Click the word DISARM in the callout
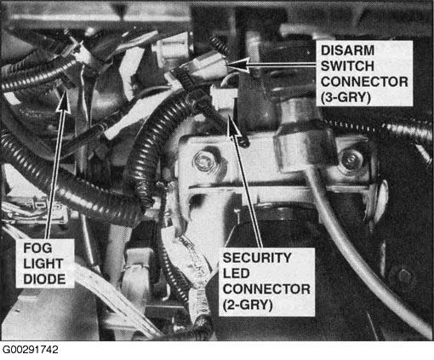tap(347, 51)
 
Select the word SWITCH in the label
tap(347, 66)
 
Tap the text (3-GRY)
tap(345, 97)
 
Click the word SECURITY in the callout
tap(257, 258)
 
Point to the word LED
tap(236, 273)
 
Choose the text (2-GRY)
tap(248, 305)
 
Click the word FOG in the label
tap(37, 249)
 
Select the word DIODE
tap(44, 279)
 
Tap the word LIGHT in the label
tap(43, 264)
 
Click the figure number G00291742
tap(30, 350)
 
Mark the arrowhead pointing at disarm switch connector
tap(237, 66)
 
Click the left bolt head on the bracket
tap(203, 161)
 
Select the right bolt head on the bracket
tap(351, 160)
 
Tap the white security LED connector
tap(224, 99)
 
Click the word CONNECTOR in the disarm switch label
tap(364, 82)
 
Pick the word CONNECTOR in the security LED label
tap(266, 289)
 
